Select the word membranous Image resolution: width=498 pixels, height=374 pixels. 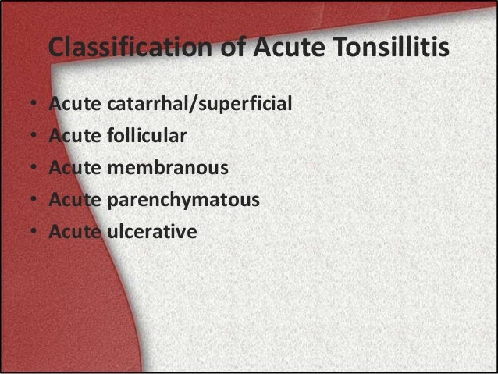[x=168, y=168]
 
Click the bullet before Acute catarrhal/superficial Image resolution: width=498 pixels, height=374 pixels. [x=34, y=105]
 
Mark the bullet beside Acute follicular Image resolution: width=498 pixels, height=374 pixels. [x=34, y=137]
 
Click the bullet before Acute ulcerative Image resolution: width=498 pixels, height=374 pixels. [x=34, y=233]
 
